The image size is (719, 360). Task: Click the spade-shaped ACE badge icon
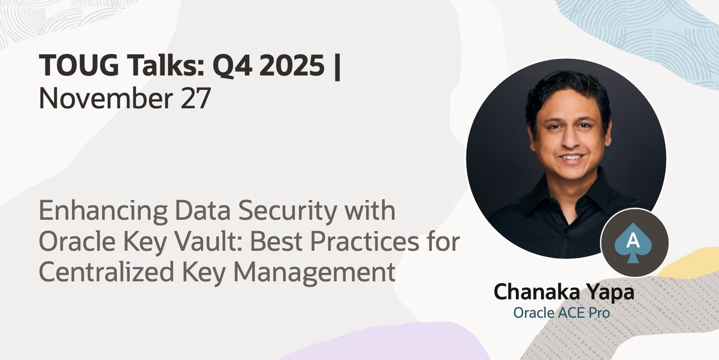point(634,243)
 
